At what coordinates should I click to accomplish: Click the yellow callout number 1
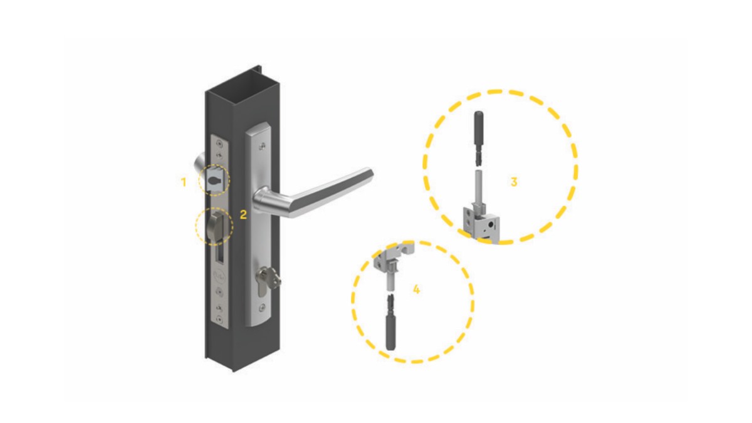point(183,182)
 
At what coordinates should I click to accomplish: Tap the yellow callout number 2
point(243,214)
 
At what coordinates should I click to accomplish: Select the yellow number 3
point(514,182)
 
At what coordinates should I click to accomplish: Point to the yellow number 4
point(416,289)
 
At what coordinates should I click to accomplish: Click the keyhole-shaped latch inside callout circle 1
point(214,180)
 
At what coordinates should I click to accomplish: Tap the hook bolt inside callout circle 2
point(217,226)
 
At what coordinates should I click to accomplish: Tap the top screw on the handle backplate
point(263,147)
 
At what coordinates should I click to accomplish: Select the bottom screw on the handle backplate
point(263,306)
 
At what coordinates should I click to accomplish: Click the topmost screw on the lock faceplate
point(219,144)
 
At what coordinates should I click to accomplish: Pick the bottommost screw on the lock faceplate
point(219,318)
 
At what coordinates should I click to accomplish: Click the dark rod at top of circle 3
point(478,137)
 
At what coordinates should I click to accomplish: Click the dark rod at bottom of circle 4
point(391,322)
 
